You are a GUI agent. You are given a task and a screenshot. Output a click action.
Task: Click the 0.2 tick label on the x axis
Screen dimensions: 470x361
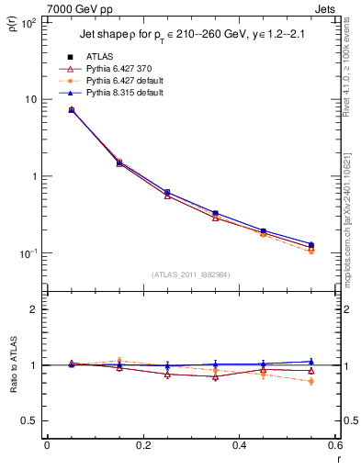tap(142, 446)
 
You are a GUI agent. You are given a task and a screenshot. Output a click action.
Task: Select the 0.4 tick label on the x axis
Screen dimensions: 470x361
tap(239, 446)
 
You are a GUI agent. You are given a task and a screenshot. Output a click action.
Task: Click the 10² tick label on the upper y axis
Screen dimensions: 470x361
tap(28, 22)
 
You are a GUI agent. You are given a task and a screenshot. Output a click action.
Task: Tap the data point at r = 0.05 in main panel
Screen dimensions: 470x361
tap(71, 110)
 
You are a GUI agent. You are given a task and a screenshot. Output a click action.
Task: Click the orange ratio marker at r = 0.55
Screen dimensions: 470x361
tap(310, 381)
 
